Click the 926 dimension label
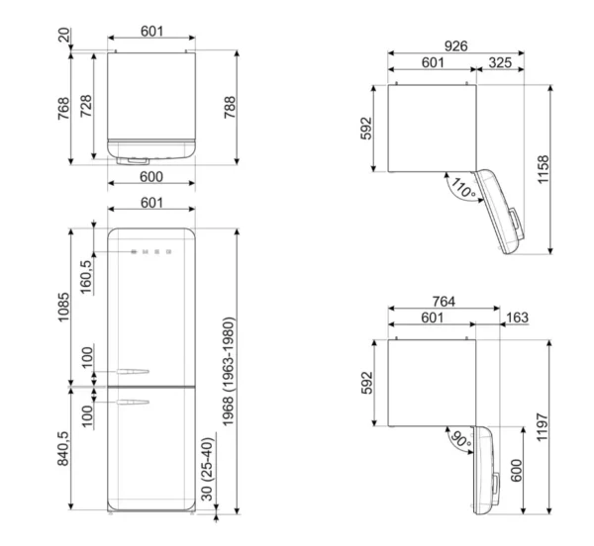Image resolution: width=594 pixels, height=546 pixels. click(x=455, y=46)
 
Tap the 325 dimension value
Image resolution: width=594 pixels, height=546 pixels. click(x=500, y=63)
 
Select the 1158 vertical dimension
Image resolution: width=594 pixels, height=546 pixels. click(x=543, y=169)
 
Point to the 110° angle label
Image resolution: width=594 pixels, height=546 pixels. click(x=463, y=187)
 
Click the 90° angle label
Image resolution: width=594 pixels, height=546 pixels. click(x=460, y=439)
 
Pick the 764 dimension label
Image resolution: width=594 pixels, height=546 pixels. click(x=444, y=302)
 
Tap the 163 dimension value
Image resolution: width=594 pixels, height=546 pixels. click(x=517, y=318)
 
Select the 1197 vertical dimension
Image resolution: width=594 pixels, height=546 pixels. click(x=543, y=427)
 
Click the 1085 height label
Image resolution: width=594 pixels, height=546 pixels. click(x=63, y=307)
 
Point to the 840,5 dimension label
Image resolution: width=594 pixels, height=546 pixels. click(x=63, y=449)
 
